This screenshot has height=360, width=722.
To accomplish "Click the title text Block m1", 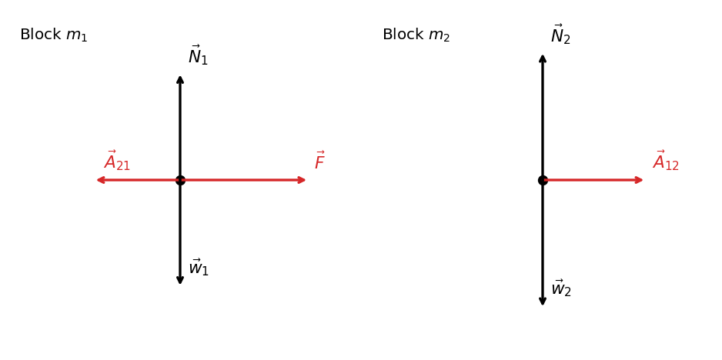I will [53, 35].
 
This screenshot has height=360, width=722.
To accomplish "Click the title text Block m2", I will [416, 35].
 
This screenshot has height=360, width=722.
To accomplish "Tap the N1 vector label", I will [198, 55].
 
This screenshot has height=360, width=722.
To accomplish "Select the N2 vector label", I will [560, 35].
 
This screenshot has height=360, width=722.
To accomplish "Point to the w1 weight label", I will [199, 268].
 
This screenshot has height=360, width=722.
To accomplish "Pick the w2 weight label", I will [561, 288].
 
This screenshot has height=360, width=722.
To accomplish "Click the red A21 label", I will [117, 161].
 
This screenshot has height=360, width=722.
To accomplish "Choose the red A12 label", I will [666, 161].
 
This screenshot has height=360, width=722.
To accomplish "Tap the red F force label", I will [319, 161].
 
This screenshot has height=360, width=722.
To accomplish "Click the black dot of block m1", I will [180, 180].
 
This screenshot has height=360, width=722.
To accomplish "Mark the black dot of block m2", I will [543, 180].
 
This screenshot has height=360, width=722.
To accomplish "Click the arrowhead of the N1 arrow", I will [180, 78].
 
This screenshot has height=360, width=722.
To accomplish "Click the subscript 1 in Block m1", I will [84, 38].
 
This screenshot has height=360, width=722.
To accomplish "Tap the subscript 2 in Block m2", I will [446, 38].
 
